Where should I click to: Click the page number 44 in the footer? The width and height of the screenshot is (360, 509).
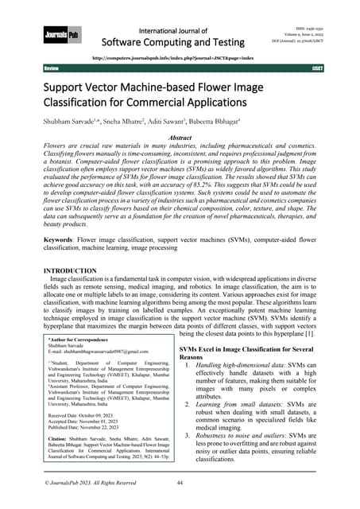coord(180,483)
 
